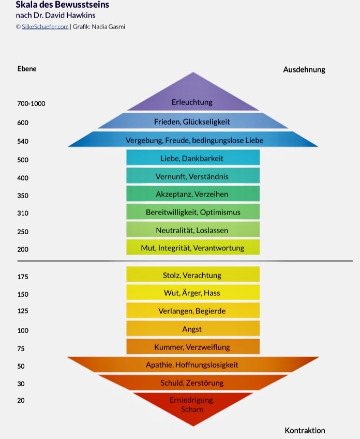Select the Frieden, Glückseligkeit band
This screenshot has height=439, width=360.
coord(192,122)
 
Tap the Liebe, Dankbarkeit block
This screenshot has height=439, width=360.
coord(192,158)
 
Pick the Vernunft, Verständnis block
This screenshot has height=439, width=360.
coord(192,176)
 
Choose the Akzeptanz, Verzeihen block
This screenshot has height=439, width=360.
coord(192,194)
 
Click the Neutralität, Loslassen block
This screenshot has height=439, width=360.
coord(192,230)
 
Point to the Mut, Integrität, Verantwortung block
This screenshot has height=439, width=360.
coord(192,248)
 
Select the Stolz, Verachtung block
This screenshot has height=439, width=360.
coord(192,275)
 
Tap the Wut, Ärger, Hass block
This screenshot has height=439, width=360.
coord(192,293)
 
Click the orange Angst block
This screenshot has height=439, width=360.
coord(192,329)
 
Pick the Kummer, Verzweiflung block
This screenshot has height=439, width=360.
coord(192,346)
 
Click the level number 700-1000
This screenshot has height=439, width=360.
coord(31,103)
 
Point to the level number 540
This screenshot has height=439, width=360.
coord(23,141)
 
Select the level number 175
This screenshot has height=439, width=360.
coord(23,277)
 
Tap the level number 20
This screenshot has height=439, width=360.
coord(21,400)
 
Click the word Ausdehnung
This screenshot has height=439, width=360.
coord(304,69)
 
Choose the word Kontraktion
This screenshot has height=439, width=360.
coord(305,430)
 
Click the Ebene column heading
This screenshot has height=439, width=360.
coord(27,69)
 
